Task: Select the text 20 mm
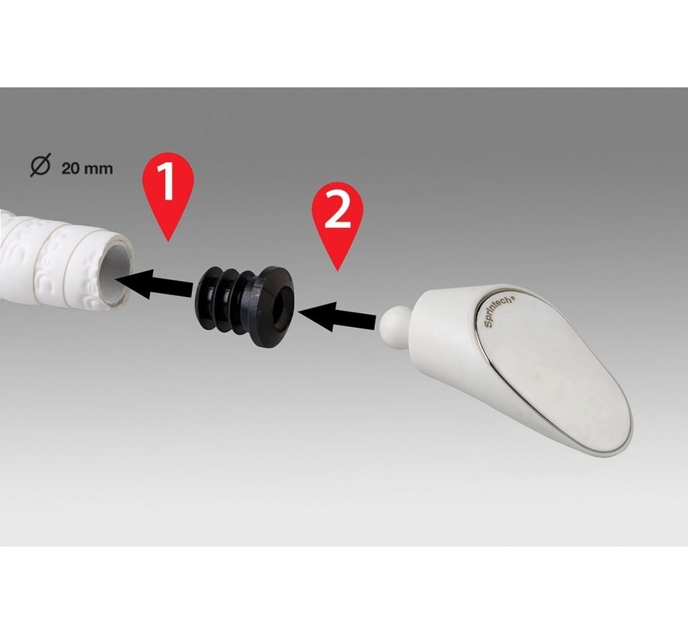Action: [x=87, y=168]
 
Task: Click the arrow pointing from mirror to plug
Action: [x=336, y=317]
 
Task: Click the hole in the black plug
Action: [x=281, y=310]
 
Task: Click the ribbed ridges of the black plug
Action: [x=223, y=298]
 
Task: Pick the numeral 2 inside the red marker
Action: [x=337, y=212]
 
